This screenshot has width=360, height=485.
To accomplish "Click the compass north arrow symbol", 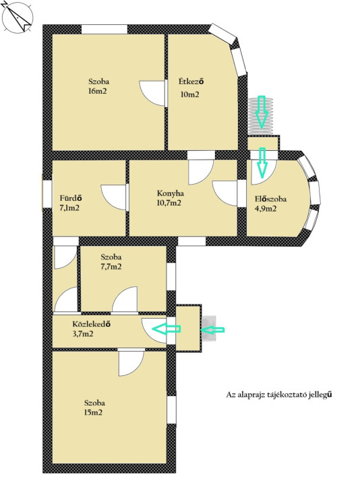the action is (x=18, y=17).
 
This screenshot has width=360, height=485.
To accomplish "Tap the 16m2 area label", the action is (x=98, y=91).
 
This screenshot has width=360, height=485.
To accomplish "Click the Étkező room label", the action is (x=191, y=82).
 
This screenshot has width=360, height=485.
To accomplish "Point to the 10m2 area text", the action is (x=189, y=95).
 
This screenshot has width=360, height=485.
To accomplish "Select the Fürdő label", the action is (x=71, y=197).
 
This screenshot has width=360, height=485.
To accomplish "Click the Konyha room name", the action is (x=171, y=193).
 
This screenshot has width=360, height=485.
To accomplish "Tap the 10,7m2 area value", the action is (x=169, y=203).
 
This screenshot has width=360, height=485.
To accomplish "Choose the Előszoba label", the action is (x=270, y=199).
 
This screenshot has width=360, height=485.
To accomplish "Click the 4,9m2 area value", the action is (x=266, y=209).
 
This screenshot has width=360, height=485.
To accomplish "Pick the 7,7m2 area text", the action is (x=111, y=267).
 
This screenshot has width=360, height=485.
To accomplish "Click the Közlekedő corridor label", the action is (x=92, y=324).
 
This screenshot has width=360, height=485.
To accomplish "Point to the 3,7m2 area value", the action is (x=83, y=334).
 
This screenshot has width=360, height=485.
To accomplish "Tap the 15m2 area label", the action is (x=93, y=413).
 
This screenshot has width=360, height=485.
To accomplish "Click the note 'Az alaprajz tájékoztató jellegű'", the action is (x=279, y=395).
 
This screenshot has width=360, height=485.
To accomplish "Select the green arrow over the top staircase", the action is (x=262, y=112).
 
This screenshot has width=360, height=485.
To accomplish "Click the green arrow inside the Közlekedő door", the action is (x=167, y=329).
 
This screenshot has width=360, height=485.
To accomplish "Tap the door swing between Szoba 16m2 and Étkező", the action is (x=152, y=94).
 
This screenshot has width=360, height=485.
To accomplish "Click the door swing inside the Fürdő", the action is (x=114, y=197).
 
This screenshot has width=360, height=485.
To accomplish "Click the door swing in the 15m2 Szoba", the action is (x=131, y=362).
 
